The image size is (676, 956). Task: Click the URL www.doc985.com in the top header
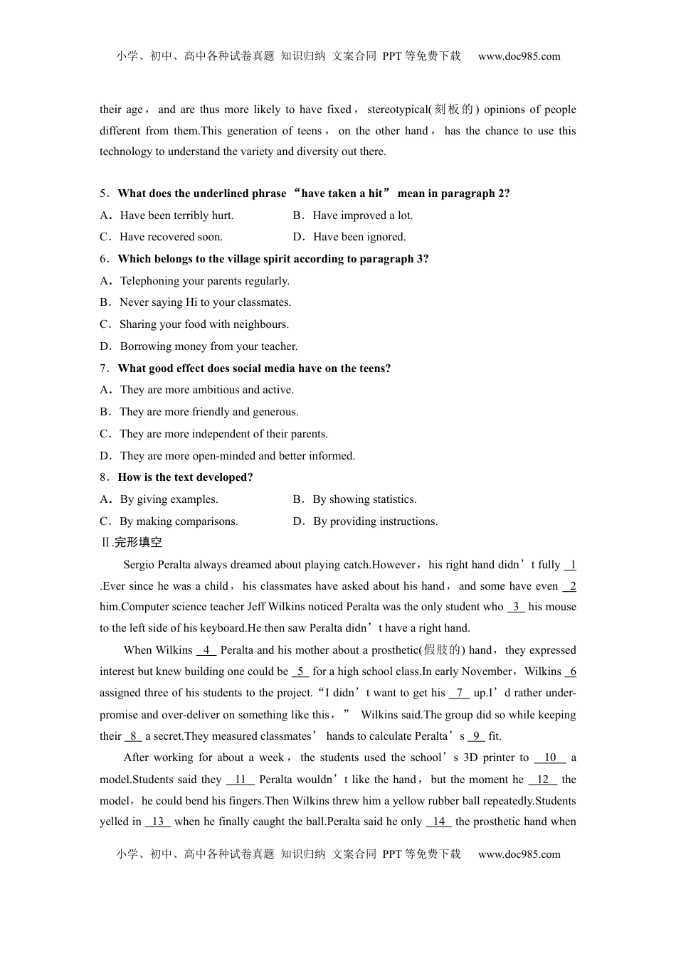pos(519,56)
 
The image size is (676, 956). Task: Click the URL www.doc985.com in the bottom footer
pos(519,854)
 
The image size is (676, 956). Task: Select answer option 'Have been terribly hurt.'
pos(176,216)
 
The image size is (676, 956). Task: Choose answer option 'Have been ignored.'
pos(359,237)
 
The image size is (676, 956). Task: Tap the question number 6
pos(104,259)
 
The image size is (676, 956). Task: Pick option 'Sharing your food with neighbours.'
pos(204,324)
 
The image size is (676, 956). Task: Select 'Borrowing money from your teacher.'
pos(208,346)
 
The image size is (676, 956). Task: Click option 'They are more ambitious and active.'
pos(206,390)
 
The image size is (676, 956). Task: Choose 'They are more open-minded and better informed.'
pos(237,456)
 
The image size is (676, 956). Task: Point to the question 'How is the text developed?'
pos(185,477)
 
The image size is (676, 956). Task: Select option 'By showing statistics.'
pos(364,499)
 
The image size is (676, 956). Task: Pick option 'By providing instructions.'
pos(375,521)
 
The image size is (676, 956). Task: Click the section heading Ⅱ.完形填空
pos(132,543)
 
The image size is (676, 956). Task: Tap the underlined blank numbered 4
pos(206,650)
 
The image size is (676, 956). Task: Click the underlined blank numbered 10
pos(550,758)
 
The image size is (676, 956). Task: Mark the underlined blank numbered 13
pos(158,822)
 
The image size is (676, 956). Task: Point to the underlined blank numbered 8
pos(134,736)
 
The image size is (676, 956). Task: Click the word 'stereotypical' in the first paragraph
pos(397,110)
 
